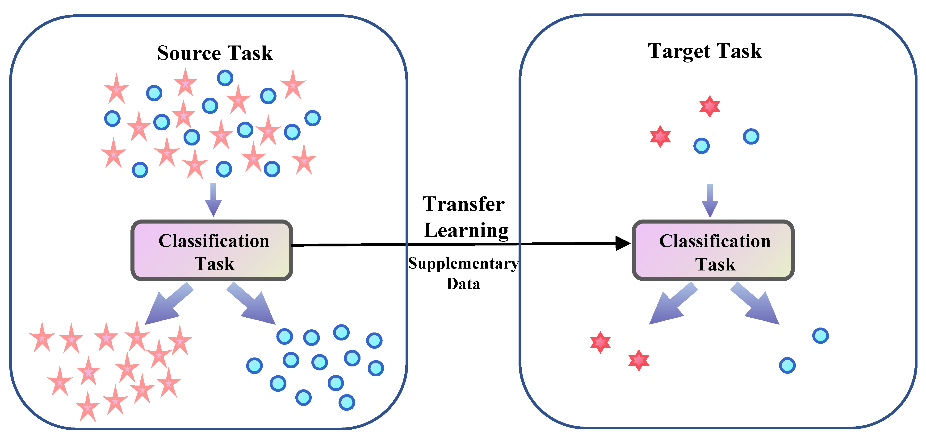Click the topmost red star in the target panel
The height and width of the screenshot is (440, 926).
(x=710, y=106)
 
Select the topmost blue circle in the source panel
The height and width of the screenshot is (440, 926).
(x=225, y=78)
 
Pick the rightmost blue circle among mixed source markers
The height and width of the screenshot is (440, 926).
(x=312, y=118)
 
